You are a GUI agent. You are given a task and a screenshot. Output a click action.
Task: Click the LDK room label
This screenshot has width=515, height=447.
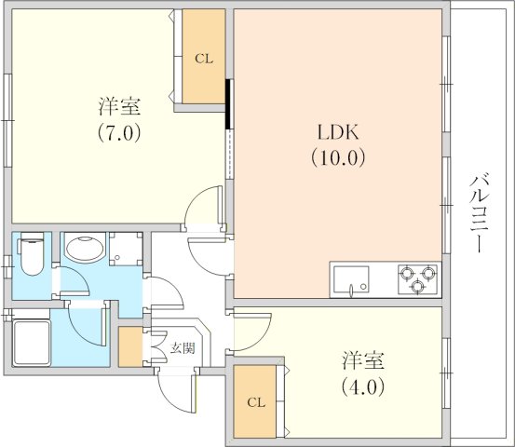(x=338, y=132)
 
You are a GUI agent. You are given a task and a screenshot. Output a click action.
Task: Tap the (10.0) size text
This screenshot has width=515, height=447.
(x=338, y=158)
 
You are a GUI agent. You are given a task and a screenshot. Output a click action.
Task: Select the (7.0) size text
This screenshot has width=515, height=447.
(x=119, y=132)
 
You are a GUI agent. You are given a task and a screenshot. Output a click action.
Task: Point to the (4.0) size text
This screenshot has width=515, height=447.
(x=362, y=386)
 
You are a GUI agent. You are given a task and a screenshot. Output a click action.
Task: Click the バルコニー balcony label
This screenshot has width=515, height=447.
(x=480, y=214)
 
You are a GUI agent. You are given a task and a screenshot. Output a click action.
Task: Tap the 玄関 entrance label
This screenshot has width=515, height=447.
(x=183, y=348)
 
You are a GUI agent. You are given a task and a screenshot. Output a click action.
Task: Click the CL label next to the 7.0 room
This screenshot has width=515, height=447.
(x=204, y=59)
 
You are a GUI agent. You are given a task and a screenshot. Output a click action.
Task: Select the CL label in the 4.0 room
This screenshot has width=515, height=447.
(x=256, y=402)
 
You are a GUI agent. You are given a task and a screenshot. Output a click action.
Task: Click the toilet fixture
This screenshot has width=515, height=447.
(x=32, y=254)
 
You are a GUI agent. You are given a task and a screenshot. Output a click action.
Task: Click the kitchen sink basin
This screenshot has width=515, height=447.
(x=351, y=279)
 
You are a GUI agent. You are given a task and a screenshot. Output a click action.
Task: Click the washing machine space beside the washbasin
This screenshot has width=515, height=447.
(x=126, y=249)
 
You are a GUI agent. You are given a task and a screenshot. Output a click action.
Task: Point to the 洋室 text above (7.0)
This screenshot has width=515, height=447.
(x=119, y=106)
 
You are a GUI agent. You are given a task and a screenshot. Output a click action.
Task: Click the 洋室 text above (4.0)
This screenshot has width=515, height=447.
(x=362, y=360)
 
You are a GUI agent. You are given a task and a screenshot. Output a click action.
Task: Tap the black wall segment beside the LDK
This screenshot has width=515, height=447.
(x=227, y=104)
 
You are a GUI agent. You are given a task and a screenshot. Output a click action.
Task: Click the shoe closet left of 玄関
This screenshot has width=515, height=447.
(x=130, y=346)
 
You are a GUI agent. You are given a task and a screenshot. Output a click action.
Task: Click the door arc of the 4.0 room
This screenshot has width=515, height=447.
(x=261, y=338)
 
